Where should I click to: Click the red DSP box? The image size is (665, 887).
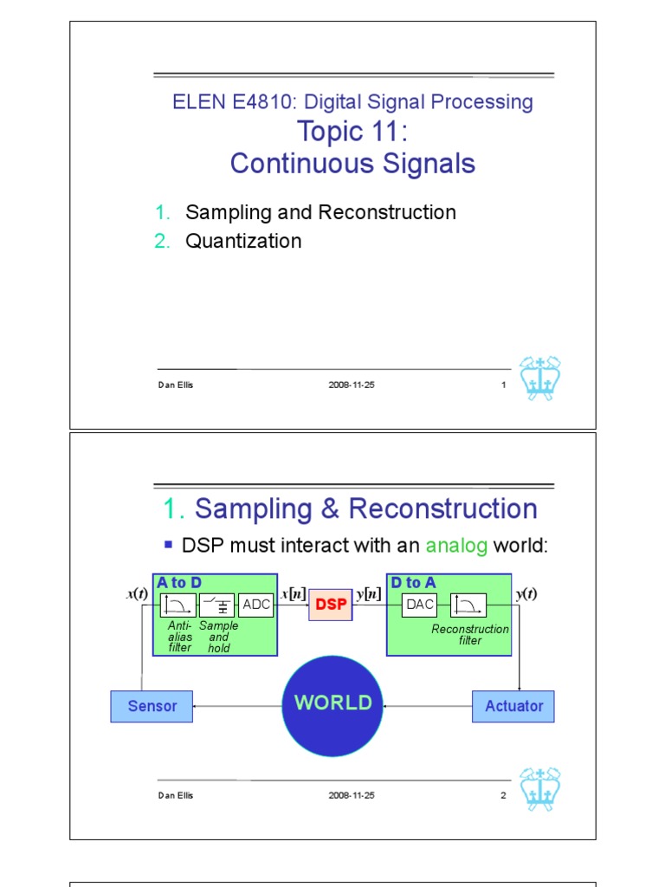coord(331,605)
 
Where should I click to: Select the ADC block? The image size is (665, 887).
coord(256,605)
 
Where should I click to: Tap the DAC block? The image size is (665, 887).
coord(420,605)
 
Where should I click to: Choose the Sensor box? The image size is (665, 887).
coord(152,706)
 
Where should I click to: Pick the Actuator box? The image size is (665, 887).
coord(513,706)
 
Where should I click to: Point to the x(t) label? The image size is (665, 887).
coord(137,593)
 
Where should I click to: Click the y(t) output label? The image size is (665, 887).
coord(526,593)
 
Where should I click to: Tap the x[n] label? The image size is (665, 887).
coord(294,593)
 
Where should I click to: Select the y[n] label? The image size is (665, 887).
coord(369,593)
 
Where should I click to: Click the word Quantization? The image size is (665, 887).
coord(243,241)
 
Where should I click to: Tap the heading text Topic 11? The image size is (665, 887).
coord(352,132)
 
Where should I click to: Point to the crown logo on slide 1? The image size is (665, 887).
coord(540,378)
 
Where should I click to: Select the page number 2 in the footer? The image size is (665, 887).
coord(502,795)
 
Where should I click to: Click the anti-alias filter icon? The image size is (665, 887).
coord(178,605)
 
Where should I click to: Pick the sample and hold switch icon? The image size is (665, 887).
coord(216,605)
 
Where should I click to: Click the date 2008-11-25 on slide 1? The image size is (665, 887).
coord(352,385)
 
